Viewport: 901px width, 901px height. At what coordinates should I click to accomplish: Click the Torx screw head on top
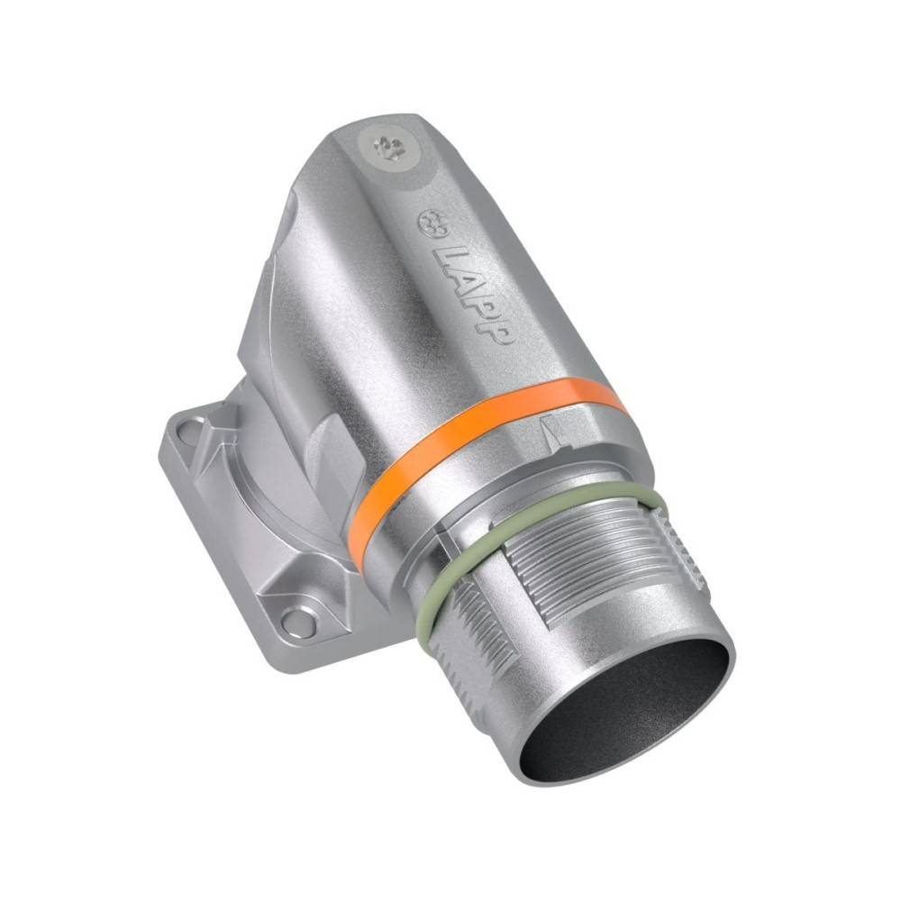click(x=387, y=150)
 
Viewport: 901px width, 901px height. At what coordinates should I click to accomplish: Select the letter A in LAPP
click(x=465, y=283)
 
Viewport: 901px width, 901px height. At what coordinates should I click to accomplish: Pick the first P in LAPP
click(x=481, y=307)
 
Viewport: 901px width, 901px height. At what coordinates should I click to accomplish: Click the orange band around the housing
click(x=483, y=437)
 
